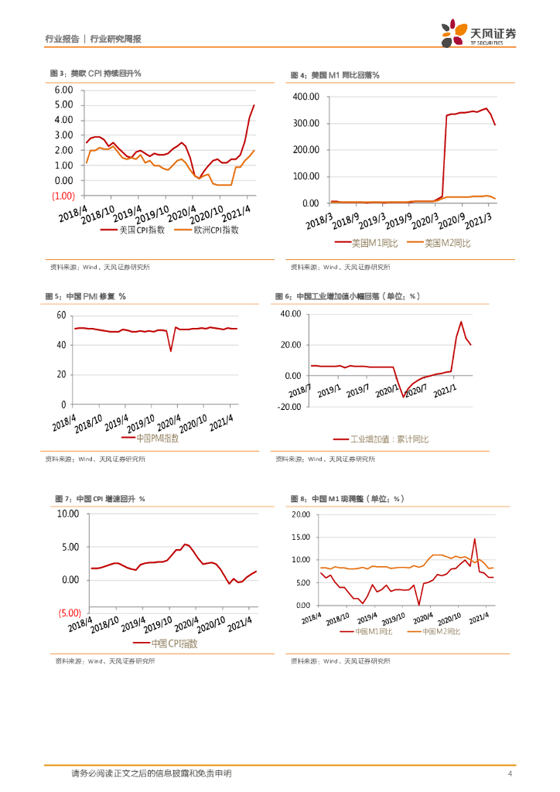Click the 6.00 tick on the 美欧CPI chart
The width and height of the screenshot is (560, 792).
(x=63, y=90)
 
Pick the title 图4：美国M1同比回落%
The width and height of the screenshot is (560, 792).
(x=334, y=75)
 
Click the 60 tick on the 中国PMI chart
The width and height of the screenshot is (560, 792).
(x=61, y=315)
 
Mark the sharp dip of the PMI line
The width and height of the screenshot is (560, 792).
(x=171, y=350)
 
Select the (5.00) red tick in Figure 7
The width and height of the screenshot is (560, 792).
(x=69, y=613)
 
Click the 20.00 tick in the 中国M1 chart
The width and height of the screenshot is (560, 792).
(x=301, y=514)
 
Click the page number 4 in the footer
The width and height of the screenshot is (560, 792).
(x=510, y=773)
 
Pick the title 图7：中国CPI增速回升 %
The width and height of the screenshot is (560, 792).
(x=101, y=499)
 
